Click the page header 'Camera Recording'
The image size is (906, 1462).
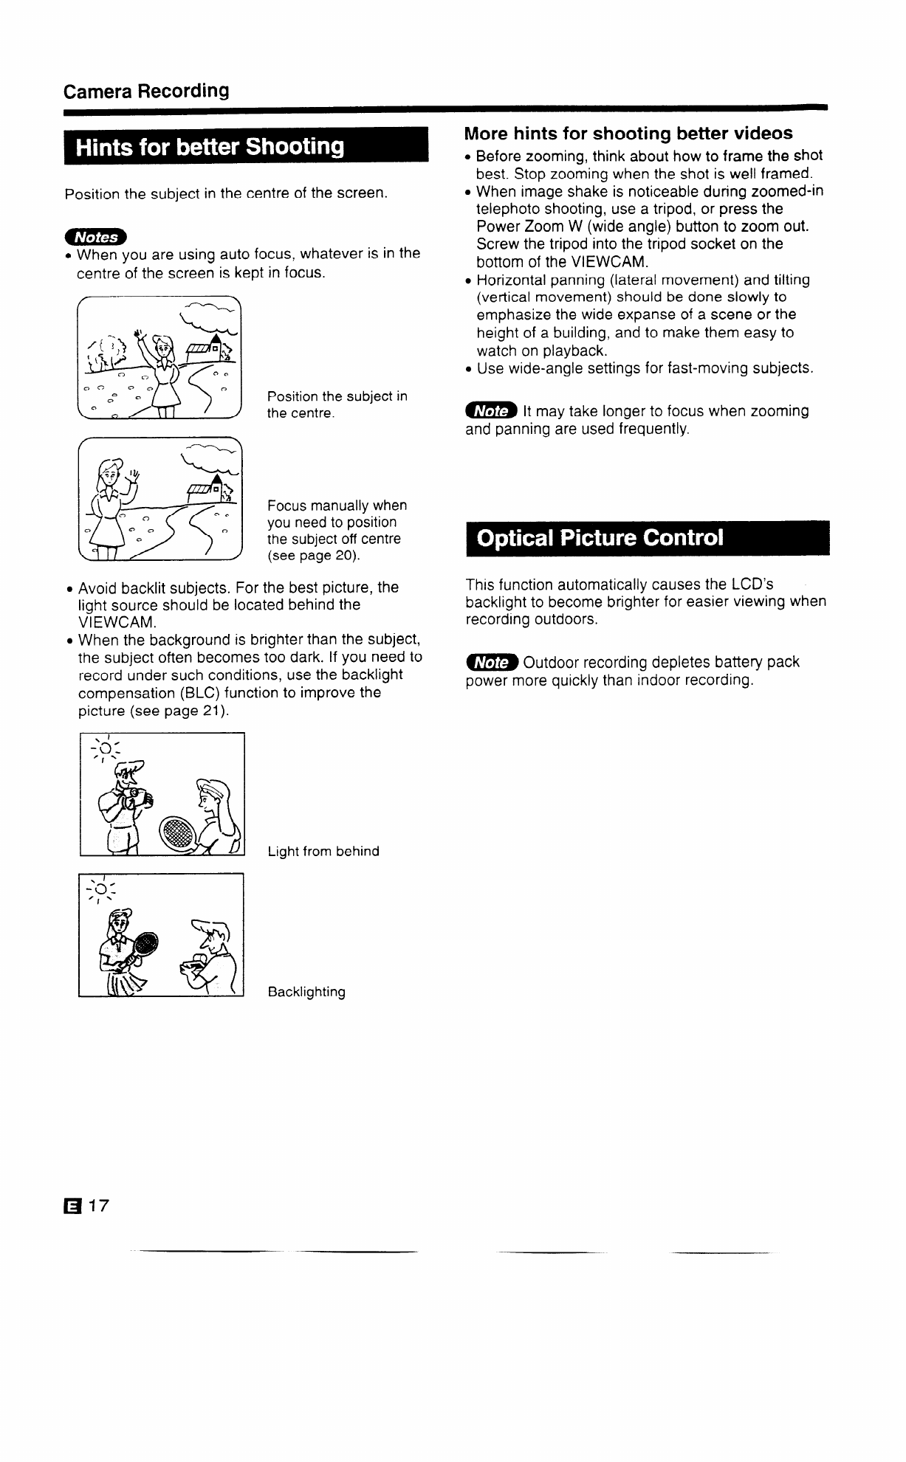tap(146, 92)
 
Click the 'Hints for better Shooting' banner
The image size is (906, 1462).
tap(210, 147)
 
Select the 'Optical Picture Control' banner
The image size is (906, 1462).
tap(600, 537)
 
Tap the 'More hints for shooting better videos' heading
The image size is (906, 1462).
tap(628, 134)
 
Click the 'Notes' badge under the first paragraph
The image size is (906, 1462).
tap(96, 237)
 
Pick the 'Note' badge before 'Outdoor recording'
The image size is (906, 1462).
tap(491, 662)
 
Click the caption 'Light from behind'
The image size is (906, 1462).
tap(323, 852)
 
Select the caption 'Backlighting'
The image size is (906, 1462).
tap(306, 992)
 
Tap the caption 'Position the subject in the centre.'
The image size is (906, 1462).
tap(337, 404)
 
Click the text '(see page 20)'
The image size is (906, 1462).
tap(312, 556)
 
